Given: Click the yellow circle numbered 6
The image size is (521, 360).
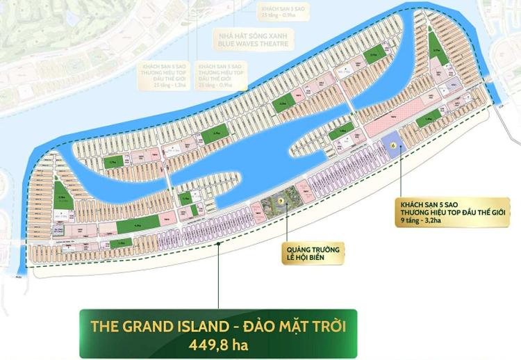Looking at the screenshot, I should click(394, 145).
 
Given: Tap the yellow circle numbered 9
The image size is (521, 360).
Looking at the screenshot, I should click(281, 201).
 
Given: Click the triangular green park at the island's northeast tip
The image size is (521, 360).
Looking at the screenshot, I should click(436, 46).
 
